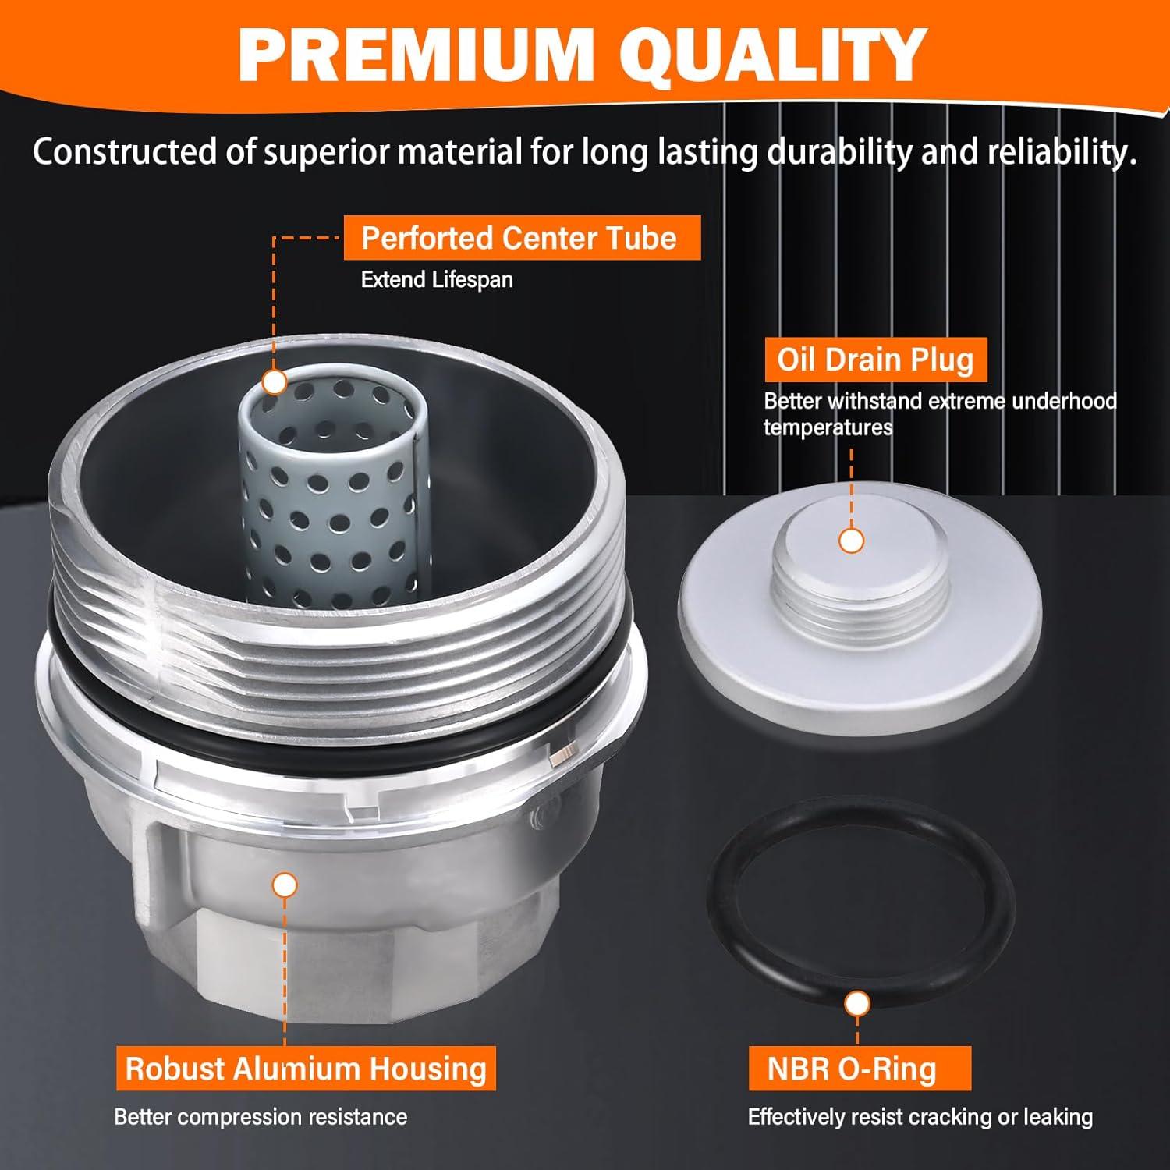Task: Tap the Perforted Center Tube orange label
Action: (521, 238)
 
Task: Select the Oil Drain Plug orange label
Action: (875, 360)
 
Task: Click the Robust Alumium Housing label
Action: (306, 1068)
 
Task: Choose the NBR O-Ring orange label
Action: (852, 1068)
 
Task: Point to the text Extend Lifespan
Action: (437, 280)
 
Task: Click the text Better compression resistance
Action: (261, 1116)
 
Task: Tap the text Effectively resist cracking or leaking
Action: (920, 1116)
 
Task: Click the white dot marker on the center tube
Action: (275, 382)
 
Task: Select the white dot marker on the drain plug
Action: (851, 541)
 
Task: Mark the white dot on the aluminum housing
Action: (285, 885)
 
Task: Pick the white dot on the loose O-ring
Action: (857, 1004)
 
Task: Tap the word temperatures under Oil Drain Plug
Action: (828, 428)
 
